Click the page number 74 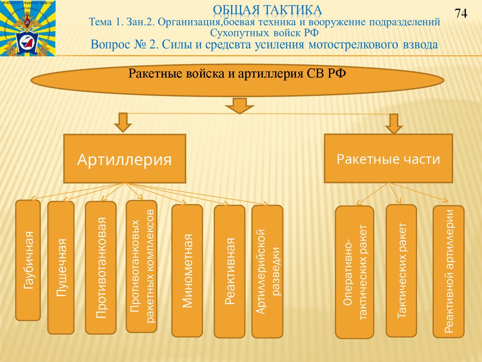click(x=460, y=14)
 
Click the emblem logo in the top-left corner click(x=28, y=28)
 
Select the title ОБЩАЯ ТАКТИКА click(x=267, y=9)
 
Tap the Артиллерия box click(x=125, y=159)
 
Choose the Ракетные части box click(x=388, y=159)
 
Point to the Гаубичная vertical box click(x=28, y=260)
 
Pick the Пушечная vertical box click(x=61, y=268)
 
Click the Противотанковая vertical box click(x=101, y=268)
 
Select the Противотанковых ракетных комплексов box click(x=142, y=266)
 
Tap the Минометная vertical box click(x=187, y=271)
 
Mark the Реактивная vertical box click(x=230, y=271)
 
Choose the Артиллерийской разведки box click(x=267, y=271)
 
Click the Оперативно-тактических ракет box click(x=354, y=272)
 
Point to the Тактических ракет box click(x=401, y=271)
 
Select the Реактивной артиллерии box click(x=449, y=271)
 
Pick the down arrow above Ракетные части click(x=394, y=123)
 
